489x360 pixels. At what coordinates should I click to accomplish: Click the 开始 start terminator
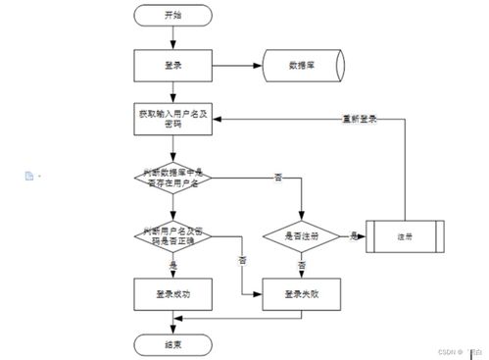point(173,16)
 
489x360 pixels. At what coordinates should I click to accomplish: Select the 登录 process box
point(173,65)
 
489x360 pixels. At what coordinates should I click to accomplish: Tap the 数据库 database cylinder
point(301,65)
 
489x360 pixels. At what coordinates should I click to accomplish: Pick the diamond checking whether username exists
point(173,178)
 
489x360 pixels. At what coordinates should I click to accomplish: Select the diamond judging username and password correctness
point(173,235)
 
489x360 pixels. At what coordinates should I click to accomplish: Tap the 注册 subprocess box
point(404,236)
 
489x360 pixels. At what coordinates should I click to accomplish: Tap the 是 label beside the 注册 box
point(352,236)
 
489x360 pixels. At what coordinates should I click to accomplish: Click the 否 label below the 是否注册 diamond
point(302,266)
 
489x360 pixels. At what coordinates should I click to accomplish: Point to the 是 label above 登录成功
point(173,266)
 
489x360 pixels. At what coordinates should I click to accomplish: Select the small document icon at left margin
point(29,176)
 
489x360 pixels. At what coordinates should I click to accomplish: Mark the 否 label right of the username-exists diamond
point(277,178)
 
